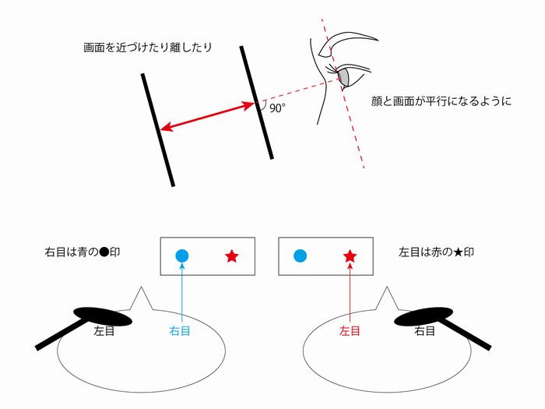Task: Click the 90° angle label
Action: click(277, 109)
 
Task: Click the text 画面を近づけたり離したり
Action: click(148, 48)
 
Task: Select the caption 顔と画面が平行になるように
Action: click(442, 101)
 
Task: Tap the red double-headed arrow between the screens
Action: click(208, 116)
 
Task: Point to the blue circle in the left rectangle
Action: click(182, 256)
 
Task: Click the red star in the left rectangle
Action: click(231, 256)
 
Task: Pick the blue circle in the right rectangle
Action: click(300, 256)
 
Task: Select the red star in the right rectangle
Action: click(350, 256)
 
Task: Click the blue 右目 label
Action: click(180, 331)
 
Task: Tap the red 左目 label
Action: click(350, 331)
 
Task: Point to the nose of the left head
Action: click(141, 298)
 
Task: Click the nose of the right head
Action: click(386, 298)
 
